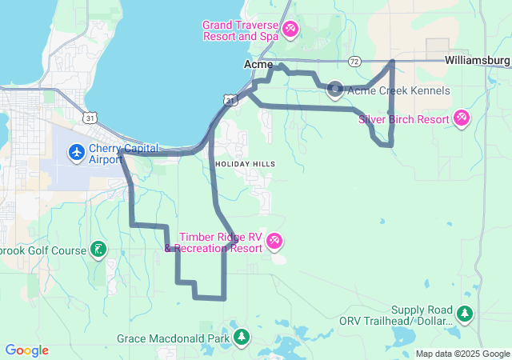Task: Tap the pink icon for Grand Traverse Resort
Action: [x=290, y=30]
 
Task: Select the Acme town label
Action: [x=258, y=64]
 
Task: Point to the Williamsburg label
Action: [x=478, y=60]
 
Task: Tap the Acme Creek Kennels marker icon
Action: [x=335, y=90]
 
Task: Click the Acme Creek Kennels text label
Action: [x=399, y=91]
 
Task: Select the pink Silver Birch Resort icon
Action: [x=462, y=119]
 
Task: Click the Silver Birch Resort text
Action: [x=404, y=119]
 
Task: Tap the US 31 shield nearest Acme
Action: [x=230, y=99]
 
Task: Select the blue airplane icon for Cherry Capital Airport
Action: [x=77, y=151]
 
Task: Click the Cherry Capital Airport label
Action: [x=123, y=154]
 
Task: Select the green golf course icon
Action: [x=98, y=250]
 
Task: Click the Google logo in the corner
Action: [x=27, y=350]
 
